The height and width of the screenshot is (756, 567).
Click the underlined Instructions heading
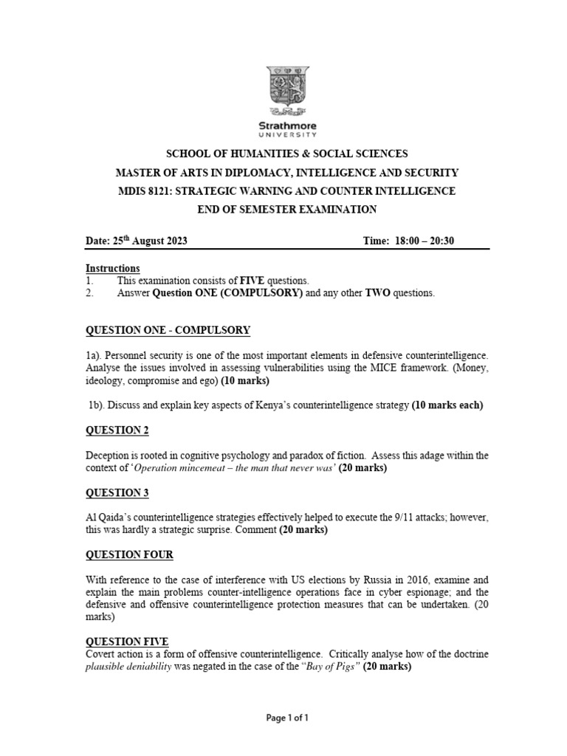click(112, 269)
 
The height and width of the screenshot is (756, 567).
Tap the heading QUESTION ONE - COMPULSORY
click(168, 330)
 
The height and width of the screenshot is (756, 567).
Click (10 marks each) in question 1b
click(447, 405)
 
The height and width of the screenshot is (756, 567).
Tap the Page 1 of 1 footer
click(287, 718)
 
